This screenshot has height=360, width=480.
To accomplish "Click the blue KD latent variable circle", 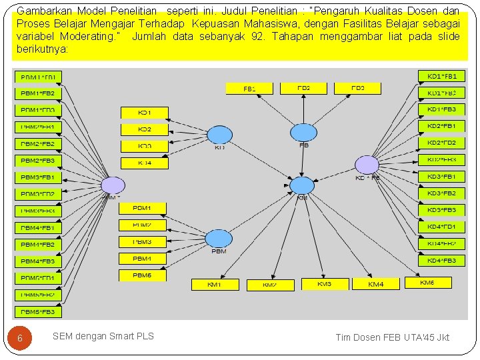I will click(x=219, y=135).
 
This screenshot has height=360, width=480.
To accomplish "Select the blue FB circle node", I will click(x=303, y=133).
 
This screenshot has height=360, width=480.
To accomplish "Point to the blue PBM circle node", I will click(x=219, y=239).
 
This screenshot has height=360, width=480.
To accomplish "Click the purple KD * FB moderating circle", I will click(x=367, y=165).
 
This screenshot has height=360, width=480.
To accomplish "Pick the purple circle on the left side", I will click(x=112, y=186).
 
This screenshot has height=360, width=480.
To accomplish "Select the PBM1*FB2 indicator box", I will click(x=38, y=93).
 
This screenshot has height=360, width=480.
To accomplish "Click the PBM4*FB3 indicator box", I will click(x=38, y=261).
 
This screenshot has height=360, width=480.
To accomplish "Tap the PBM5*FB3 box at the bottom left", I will click(x=38, y=312).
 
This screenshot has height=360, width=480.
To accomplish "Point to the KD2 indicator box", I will click(x=144, y=129).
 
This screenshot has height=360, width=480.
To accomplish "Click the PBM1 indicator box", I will click(x=142, y=209).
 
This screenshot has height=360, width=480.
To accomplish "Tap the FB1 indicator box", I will click(x=249, y=88).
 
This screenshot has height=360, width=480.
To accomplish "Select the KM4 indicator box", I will click(x=376, y=285).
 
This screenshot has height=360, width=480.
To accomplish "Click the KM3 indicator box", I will click(x=325, y=284).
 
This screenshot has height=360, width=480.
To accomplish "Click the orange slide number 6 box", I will click(x=20, y=338).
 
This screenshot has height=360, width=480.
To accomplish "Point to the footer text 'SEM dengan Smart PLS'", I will click(x=103, y=336).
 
